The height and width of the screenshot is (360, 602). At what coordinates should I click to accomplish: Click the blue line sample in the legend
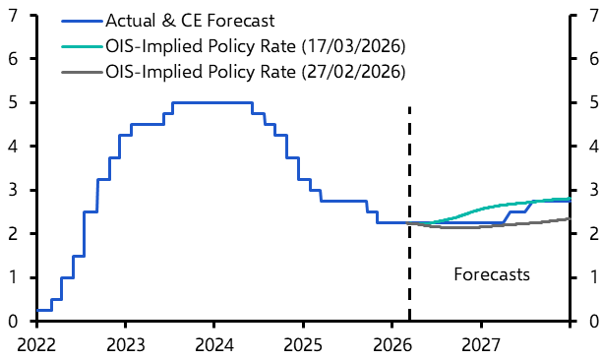pyautogui.click(x=80, y=20)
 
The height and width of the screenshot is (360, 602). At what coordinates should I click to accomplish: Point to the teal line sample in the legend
pyautogui.click(x=80, y=45)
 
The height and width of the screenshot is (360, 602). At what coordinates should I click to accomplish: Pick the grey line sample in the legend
pyautogui.click(x=80, y=71)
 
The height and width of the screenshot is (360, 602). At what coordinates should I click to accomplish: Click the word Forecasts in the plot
pyautogui.click(x=492, y=275)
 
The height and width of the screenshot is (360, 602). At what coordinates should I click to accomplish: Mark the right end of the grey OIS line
pyautogui.click(x=569, y=218)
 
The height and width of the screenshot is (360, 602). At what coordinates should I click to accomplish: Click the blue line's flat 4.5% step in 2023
pyautogui.click(x=147, y=124)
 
